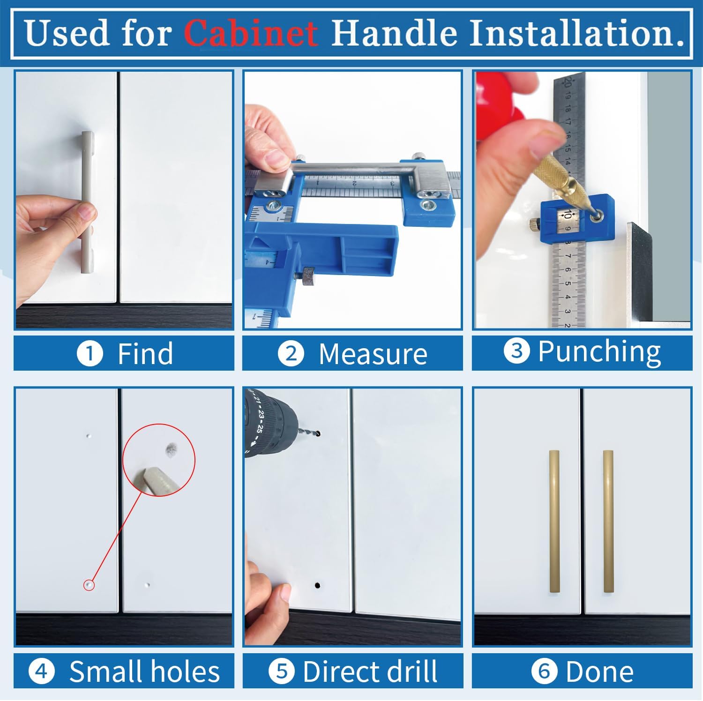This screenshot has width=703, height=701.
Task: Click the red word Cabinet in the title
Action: pos(251,33)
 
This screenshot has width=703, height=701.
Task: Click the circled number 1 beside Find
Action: pos(90,354)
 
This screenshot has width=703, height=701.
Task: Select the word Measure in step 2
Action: pos(373,354)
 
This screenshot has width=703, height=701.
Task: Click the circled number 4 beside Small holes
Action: pos(41,671)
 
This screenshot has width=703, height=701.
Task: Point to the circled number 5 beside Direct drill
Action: pos(281,671)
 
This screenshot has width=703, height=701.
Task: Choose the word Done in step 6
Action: pos(599,671)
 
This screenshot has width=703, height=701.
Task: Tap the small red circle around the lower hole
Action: pos(89,585)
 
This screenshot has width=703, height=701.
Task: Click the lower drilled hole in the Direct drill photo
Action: pos(317,585)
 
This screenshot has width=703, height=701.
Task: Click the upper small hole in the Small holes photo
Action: pos(89,436)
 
